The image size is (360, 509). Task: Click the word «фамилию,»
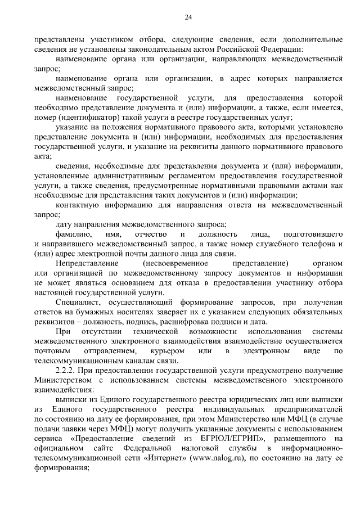click(70, 233)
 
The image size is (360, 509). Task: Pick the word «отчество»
click(149, 233)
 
